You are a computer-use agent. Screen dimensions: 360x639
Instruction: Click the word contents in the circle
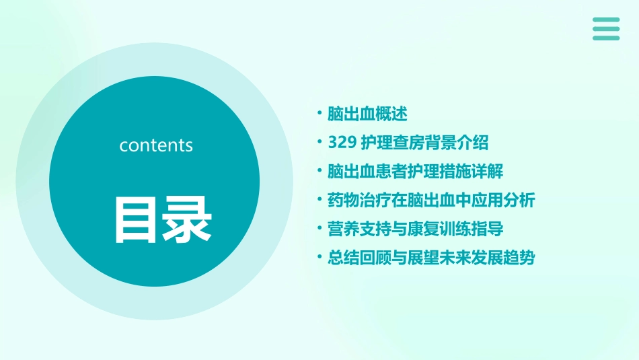click(156, 145)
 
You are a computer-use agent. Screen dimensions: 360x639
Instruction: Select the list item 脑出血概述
click(367, 114)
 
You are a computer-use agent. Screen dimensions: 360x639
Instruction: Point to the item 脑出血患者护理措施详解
click(415, 171)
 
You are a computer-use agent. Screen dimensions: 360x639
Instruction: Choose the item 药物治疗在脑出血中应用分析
click(430, 200)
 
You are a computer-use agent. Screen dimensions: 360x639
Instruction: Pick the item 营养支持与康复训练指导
click(415, 229)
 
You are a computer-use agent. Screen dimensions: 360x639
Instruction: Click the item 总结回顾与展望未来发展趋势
click(430, 258)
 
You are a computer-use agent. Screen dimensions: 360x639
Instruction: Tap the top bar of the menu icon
click(606, 20)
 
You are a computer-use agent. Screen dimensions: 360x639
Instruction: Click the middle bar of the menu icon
click(606, 28)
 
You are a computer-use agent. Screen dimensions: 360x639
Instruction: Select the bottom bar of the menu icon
click(606, 38)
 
